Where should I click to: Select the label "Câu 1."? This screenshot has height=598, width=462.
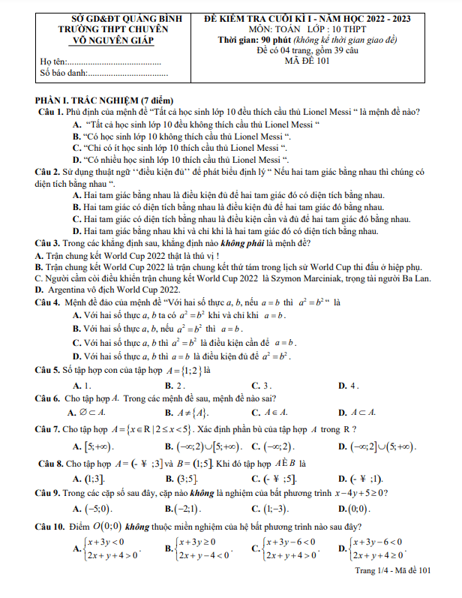pyautogui.click(x=49, y=112)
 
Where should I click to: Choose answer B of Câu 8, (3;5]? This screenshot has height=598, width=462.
pyautogui.click(x=181, y=477)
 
